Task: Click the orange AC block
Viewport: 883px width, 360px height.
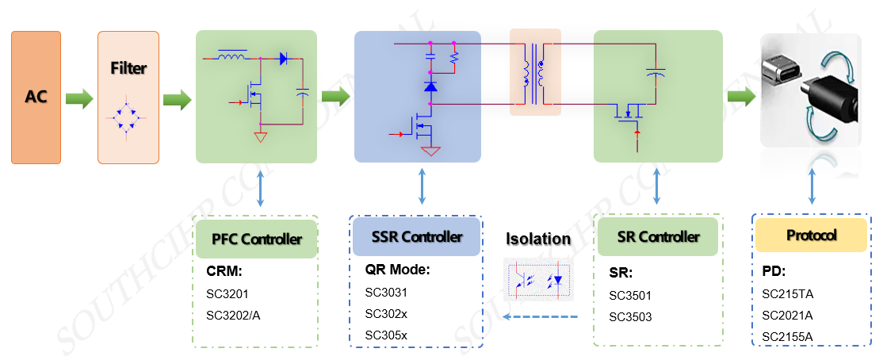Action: (36, 98)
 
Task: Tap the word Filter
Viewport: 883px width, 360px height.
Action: (128, 68)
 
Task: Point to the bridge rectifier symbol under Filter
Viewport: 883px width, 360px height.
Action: (128, 121)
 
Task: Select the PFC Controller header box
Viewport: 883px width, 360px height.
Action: (256, 239)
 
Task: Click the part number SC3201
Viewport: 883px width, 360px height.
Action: (227, 294)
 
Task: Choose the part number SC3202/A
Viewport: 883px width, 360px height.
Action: (233, 315)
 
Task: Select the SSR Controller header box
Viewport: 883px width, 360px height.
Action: (416, 237)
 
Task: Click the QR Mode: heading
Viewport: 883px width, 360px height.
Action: (397, 269)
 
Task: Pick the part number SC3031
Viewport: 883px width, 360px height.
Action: (386, 292)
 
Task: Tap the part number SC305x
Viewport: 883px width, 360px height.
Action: (386, 335)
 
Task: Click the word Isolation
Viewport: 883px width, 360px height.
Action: (538, 239)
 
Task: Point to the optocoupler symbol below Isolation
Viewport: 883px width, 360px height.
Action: (537, 279)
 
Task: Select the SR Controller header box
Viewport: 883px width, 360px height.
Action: (659, 237)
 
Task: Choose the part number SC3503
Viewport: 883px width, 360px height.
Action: (630, 316)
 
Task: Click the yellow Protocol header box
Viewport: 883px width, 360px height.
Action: (811, 236)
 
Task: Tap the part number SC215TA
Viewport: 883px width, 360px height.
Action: (788, 294)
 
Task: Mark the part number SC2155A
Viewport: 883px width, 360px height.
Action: (788, 336)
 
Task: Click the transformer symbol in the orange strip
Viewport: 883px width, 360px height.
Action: (534, 72)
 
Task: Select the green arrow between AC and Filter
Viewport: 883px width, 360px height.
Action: (78, 100)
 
